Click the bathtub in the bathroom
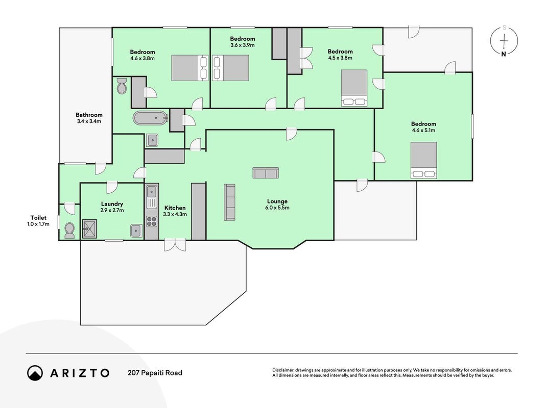150,118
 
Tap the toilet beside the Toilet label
69,231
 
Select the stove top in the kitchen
152,221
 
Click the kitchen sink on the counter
152,196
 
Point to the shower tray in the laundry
90,228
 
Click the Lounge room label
277,201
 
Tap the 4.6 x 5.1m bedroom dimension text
423,131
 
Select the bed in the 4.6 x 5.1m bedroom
424,160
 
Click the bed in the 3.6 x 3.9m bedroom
231,68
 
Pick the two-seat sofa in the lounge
266,173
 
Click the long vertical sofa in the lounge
229,202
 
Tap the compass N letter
504,54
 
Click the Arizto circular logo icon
35,373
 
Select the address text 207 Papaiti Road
155,373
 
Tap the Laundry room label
112,204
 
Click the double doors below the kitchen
175,245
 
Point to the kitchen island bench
199,212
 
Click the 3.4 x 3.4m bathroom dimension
89,121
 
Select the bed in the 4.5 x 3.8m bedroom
354,88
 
